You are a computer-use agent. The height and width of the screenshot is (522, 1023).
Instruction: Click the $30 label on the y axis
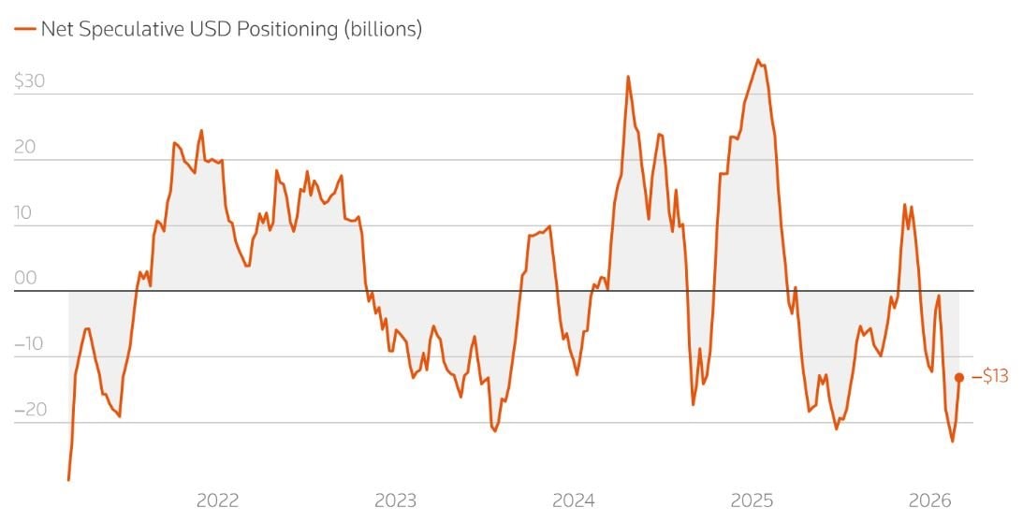click(30, 81)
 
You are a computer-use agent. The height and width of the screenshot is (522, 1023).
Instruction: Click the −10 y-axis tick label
click(30, 343)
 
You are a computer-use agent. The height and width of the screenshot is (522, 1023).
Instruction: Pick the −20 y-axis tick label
click(30, 409)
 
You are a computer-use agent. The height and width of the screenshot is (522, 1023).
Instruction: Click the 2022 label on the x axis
click(217, 500)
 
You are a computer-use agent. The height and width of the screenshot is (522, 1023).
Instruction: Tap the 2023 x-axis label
click(396, 500)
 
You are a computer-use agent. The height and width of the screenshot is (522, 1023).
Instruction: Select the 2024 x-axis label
click(574, 500)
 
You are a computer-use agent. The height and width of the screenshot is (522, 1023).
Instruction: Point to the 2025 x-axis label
click(753, 500)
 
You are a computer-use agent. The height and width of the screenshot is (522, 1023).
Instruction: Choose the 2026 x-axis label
click(931, 500)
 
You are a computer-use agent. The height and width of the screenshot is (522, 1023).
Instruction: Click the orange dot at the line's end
click(959, 377)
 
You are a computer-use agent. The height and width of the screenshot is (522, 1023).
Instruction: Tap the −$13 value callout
click(989, 377)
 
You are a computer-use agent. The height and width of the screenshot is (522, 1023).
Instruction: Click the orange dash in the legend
click(24, 29)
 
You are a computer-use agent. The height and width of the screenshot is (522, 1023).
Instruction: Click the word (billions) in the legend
click(382, 29)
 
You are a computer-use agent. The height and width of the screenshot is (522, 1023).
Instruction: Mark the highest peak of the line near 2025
click(758, 60)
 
